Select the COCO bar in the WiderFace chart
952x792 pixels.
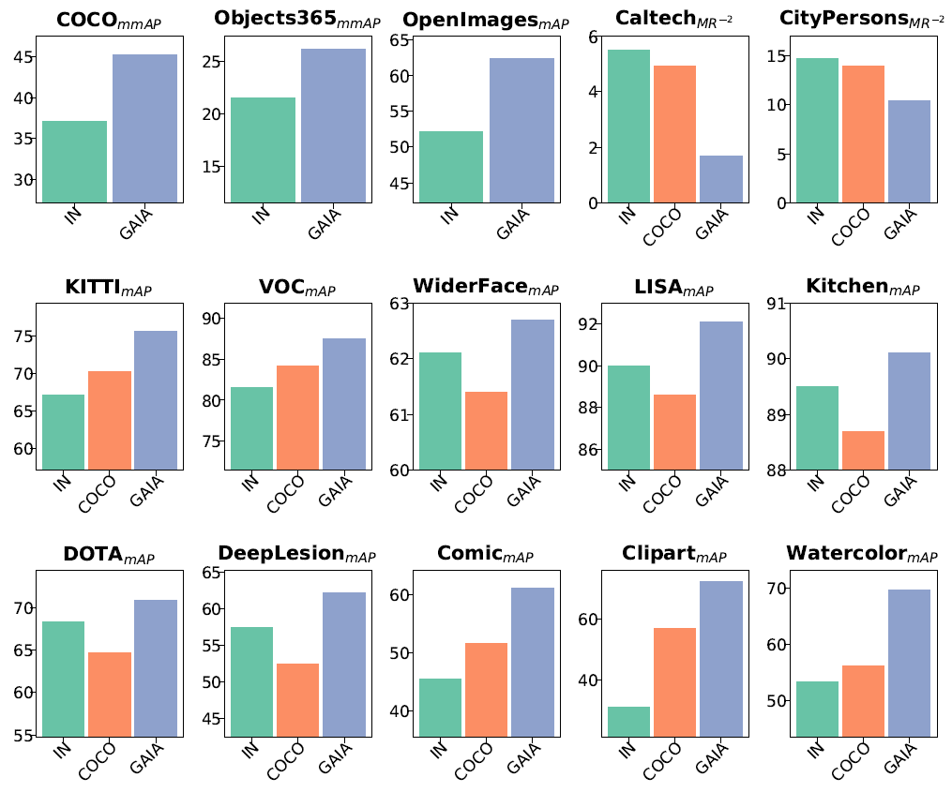click(485, 430)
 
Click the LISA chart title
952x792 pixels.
click(673, 288)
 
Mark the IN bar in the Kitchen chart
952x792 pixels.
click(816, 427)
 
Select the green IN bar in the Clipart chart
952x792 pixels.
click(628, 721)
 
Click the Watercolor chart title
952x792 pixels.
click(861, 554)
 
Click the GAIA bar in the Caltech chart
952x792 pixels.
click(721, 179)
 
